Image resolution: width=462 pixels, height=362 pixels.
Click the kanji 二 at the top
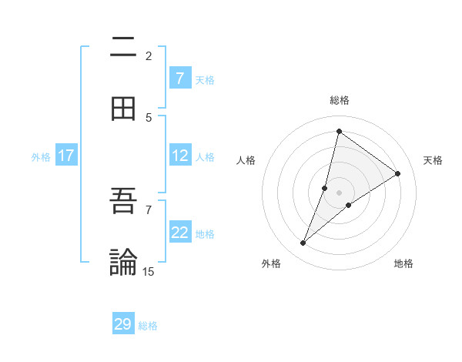(x=123, y=47)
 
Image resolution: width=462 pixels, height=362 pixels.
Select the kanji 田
(x=123, y=109)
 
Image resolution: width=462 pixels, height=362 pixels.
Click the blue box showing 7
(x=179, y=78)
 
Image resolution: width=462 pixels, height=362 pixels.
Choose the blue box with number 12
(x=179, y=156)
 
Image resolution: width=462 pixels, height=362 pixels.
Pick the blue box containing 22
(x=179, y=233)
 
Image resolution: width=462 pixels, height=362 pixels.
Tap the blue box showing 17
(x=66, y=156)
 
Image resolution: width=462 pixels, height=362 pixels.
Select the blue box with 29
(x=123, y=324)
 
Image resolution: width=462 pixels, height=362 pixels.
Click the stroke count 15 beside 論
(x=149, y=271)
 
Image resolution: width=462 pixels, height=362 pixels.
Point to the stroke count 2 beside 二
(x=149, y=55)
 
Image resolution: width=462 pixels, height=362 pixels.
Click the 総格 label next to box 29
(x=149, y=326)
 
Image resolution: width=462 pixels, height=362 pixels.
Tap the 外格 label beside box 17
(x=41, y=157)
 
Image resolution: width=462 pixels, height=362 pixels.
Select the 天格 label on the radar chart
(x=433, y=160)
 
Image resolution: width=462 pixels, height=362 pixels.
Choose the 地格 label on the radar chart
(x=403, y=263)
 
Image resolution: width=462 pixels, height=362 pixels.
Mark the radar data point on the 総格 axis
(x=339, y=131)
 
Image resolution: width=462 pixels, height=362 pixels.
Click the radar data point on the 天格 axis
(x=398, y=173)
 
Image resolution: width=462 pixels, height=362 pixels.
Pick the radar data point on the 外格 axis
(x=303, y=243)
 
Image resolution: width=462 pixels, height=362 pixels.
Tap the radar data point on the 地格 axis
(x=349, y=205)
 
